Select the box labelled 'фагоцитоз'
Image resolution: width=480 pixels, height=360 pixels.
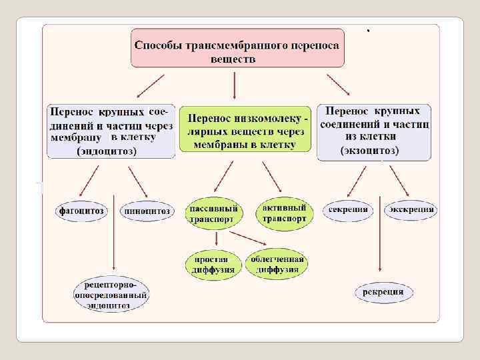[81, 211]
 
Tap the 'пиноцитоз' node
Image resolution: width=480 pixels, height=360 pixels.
[146, 211]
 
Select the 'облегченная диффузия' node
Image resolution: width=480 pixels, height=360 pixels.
[277, 265]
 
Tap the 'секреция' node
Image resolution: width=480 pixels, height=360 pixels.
[347, 210]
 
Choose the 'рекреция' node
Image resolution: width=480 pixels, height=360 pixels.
[383, 291]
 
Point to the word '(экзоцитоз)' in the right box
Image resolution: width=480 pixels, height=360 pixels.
[369, 151]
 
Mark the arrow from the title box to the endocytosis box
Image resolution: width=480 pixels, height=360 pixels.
[151, 86]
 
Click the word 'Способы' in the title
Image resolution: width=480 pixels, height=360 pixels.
[159, 47]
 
